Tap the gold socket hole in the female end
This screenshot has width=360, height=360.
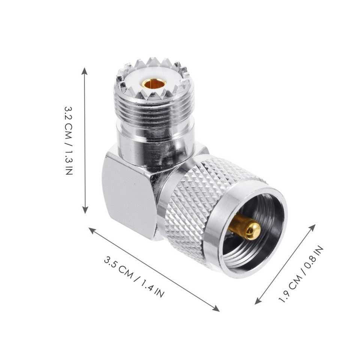tap(154, 83)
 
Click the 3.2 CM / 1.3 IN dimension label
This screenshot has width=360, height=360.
tap(69, 140)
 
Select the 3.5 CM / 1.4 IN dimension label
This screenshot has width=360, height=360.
tap(134, 277)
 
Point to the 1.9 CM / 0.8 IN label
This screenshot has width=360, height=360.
tap(300, 274)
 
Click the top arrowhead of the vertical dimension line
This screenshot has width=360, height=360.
tap(85, 70)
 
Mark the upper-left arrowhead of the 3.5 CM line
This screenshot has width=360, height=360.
tap(91, 230)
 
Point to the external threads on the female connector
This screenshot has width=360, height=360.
tap(154, 109)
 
